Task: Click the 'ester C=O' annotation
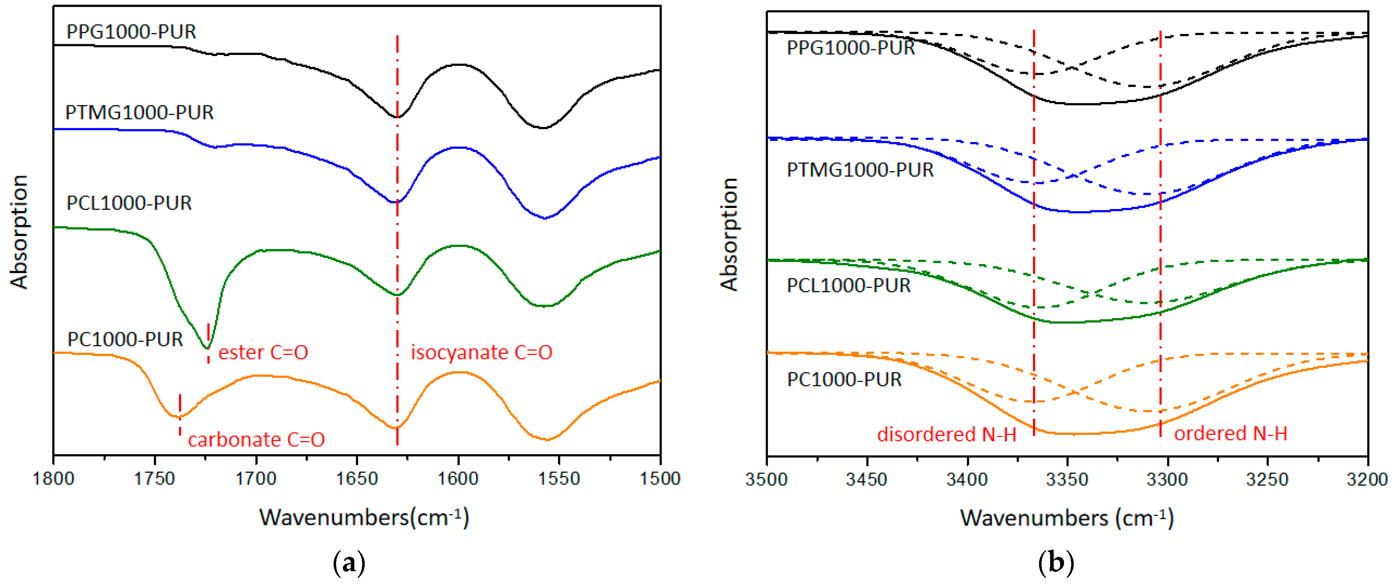(263, 352)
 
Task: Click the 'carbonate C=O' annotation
(256, 439)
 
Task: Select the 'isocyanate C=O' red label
(481, 352)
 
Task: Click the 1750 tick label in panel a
(155, 479)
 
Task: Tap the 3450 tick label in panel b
(867, 479)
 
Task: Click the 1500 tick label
(660, 479)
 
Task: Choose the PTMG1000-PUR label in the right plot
(860, 170)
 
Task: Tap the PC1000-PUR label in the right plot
(844, 379)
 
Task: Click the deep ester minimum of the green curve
(206, 347)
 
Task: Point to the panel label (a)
(349, 563)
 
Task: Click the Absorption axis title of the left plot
(19, 232)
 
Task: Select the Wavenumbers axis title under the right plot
(1067, 518)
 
